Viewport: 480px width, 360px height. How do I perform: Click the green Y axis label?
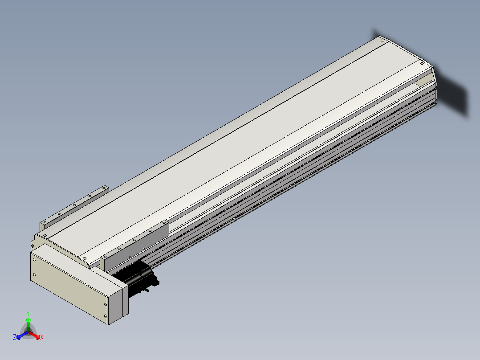(x=28, y=313)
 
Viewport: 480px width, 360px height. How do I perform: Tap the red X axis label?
(x=42, y=337)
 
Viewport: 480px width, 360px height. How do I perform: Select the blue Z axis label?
(x=15, y=337)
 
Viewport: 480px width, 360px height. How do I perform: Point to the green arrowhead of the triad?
(x=28, y=320)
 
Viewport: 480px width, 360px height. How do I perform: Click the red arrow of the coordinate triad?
(x=34, y=335)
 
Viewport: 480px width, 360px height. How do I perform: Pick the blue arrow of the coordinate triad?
(x=22, y=335)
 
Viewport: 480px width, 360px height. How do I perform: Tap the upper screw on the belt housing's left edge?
(x=34, y=260)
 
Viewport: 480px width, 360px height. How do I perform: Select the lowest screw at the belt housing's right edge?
(x=106, y=316)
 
